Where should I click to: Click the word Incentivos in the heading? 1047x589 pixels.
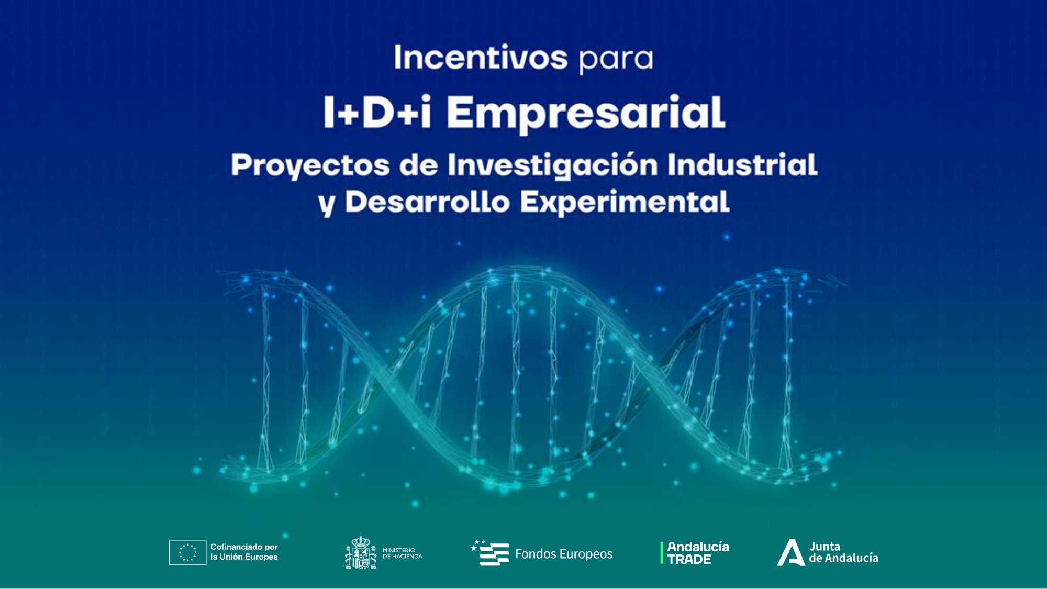481,58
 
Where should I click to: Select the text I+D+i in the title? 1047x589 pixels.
377,113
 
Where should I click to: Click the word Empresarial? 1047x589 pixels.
586,115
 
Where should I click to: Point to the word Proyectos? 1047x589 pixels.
310,166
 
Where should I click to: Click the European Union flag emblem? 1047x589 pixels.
187,552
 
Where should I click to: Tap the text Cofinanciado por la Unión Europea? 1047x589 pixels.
244,552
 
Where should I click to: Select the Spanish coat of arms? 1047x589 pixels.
361,552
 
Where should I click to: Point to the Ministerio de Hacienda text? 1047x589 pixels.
402,553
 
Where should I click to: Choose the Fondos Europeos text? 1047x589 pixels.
564,554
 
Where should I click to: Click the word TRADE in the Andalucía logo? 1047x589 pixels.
689,560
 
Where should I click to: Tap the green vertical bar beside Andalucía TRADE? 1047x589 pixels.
662,553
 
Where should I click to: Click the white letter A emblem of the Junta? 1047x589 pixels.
790,553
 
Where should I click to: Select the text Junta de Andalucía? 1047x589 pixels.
843,552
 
